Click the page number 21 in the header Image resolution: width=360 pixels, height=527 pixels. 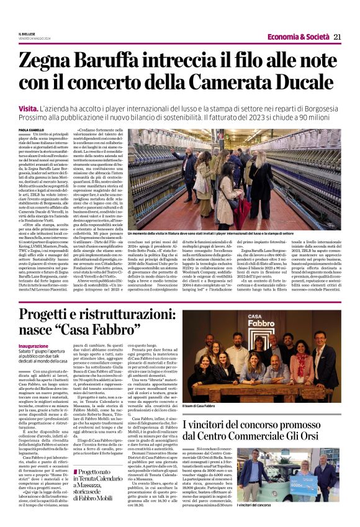click(x=337, y=37)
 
